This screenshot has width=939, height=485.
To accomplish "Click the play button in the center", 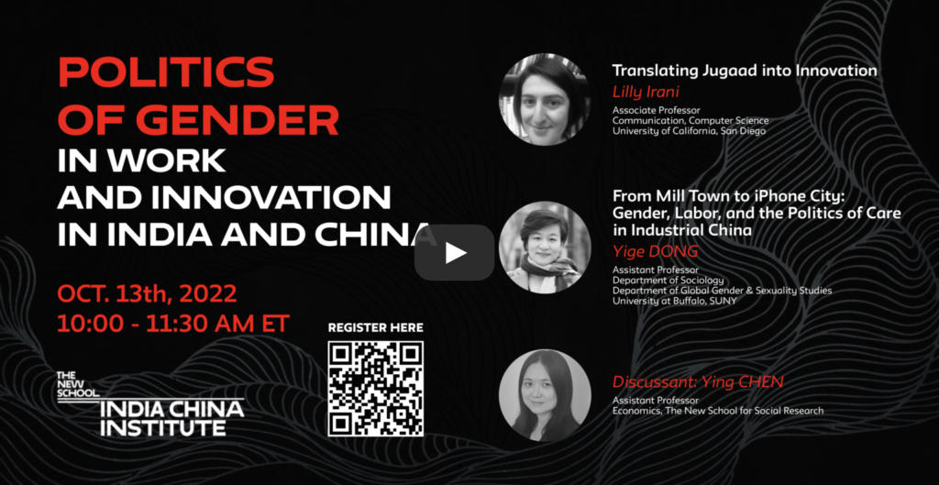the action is point(455,253).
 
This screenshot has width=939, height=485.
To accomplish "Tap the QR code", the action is point(375,389).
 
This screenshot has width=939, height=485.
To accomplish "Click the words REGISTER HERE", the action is point(375,327).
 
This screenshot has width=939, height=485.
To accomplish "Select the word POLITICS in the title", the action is point(166,73).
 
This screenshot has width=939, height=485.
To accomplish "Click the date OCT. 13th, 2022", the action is point(148,294).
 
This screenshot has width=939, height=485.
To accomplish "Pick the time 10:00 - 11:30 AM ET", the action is point(173,324).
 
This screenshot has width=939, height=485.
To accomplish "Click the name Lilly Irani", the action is point(645,93).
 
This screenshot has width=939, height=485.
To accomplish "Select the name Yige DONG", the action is point(655,252).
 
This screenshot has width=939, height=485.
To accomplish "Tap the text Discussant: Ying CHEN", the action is point(698,382).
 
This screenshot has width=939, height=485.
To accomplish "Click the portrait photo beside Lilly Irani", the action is point(545,99).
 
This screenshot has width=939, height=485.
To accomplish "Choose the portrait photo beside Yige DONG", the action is point(545,248).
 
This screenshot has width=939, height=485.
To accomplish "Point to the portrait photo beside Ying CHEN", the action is point(545,395).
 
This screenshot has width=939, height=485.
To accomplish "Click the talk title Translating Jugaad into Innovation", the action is point(745,71).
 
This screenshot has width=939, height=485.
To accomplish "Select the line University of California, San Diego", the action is point(689,131).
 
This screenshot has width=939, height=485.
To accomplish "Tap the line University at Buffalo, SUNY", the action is point(674,301).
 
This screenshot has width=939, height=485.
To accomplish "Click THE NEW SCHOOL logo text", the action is point(78,384).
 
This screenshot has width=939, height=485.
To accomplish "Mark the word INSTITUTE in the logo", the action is point(163,427).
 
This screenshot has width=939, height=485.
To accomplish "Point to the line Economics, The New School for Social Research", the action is point(717,411).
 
